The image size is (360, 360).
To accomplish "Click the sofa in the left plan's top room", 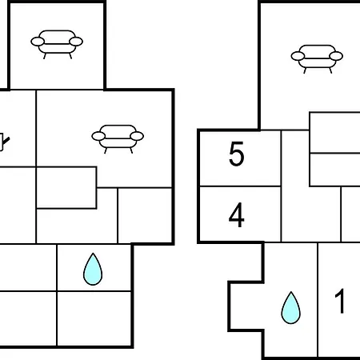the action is [57, 44].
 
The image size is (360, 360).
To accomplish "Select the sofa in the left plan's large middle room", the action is [118, 139].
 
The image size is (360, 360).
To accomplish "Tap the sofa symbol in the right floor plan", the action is [317, 59].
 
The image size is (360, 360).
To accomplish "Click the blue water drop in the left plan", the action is [93, 270].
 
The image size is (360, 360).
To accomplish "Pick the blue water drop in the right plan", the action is [291, 308].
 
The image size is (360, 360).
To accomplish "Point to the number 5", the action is [236, 154].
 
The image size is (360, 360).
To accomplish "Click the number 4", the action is [236, 215].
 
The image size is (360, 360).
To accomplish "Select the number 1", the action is [340, 301].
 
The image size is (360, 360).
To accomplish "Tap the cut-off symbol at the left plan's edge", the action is [4, 142].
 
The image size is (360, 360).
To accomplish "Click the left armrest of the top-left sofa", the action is [38, 42].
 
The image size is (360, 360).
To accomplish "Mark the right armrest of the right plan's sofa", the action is [336, 56].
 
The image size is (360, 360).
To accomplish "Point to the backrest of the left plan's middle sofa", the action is [118, 129].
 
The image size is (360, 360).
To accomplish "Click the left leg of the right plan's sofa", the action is [305, 70].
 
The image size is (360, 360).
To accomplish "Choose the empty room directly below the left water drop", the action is [94, 318].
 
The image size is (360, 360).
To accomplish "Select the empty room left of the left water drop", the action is [28, 267].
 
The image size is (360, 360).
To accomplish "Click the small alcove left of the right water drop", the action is [246, 306].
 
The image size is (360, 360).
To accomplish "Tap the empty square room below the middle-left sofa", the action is [145, 215].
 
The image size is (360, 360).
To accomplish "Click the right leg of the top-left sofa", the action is [70, 56].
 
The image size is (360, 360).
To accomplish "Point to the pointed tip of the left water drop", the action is [93, 253].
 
